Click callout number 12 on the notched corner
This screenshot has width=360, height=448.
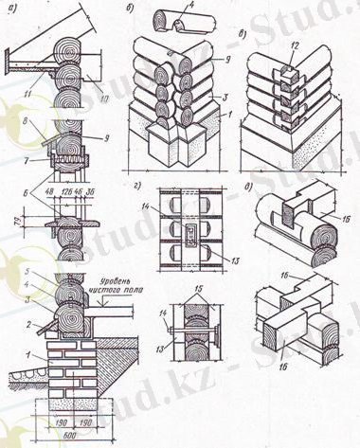click(x=294, y=48)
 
